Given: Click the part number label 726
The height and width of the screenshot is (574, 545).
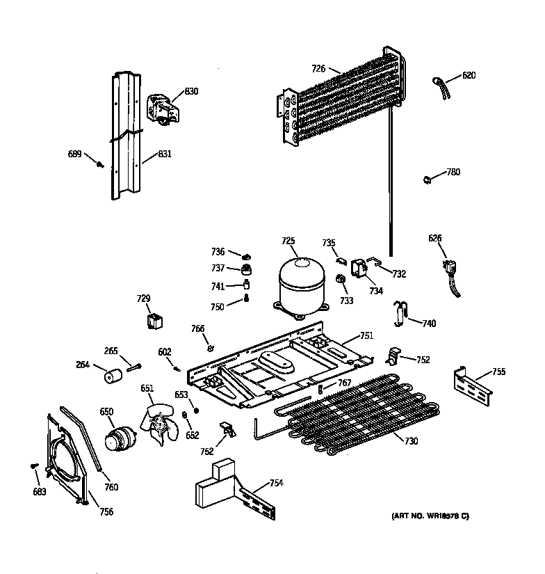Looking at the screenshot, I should point(318,68).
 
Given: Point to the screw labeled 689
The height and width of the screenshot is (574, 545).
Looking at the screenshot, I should point(100,164).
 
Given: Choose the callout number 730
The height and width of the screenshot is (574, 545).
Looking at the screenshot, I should point(411,442).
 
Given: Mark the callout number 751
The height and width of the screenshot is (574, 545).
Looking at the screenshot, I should point(366,336).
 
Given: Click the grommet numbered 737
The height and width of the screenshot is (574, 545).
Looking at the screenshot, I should point(245,269).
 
